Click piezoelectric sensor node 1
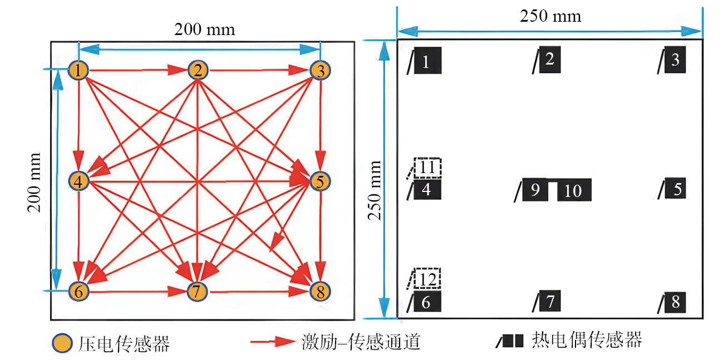pos(78,70)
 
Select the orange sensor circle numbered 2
pos(198,70)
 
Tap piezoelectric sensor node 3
pos(320,71)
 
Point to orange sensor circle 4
pos(78,180)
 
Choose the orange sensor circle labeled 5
pos(320,181)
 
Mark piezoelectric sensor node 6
pos(78,291)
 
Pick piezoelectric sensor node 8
pos(320,291)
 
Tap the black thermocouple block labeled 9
pos(535,190)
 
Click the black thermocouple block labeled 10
pos(574,191)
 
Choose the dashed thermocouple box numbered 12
pos(427,278)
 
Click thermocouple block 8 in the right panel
pos(675,302)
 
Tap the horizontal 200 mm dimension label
pos(204,29)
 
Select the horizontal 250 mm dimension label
pos(550,16)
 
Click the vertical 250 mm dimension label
pos(376,190)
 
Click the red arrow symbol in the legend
pos(272,341)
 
